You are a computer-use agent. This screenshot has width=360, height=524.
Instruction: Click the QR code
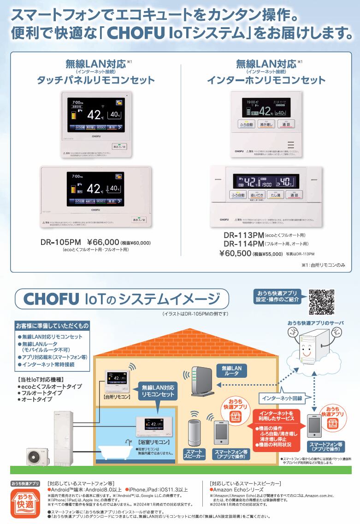pyautogui.click(x=321, y=302)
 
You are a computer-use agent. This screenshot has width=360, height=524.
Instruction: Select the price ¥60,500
pyautogui.click(x=235, y=253)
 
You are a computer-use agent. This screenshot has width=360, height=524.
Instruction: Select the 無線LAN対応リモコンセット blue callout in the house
pyautogui.click(x=158, y=391)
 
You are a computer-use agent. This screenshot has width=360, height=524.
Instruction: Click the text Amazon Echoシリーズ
pyautogui.click(x=238, y=489)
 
